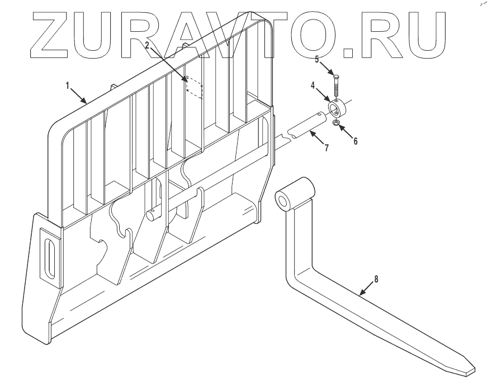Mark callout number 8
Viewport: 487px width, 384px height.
(376, 279)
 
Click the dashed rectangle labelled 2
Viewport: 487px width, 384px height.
(193, 87)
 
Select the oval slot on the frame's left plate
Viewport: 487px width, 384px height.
(49, 257)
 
